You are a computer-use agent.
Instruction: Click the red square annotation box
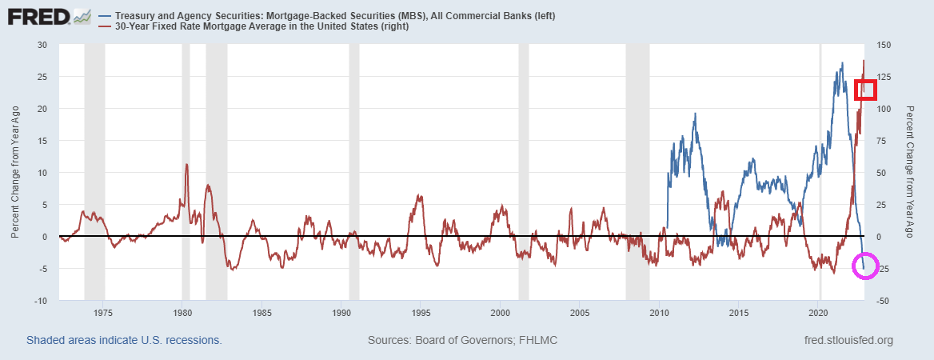(866, 90)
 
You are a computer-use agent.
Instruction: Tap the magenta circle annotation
(864, 266)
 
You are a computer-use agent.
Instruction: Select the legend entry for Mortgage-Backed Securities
(335, 16)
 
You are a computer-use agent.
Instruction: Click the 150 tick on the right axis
(886, 45)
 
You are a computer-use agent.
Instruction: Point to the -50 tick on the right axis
(885, 301)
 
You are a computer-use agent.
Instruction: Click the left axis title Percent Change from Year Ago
(15, 172)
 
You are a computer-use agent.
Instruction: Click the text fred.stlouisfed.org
(848, 341)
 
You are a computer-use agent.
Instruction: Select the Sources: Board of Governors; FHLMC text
(462, 341)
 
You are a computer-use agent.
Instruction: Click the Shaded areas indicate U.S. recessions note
(124, 341)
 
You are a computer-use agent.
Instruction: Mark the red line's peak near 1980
(186, 165)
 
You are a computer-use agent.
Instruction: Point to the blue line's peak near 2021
(841, 63)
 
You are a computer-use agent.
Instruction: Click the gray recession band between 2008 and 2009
(637, 172)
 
